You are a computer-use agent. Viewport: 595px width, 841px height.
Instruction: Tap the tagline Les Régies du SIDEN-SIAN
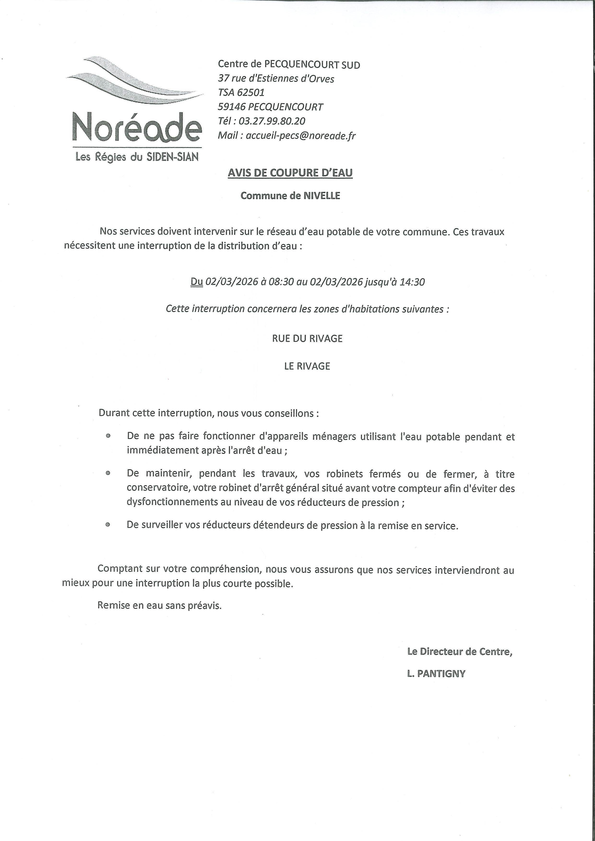(137, 157)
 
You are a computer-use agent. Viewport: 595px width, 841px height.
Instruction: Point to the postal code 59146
(231, 107)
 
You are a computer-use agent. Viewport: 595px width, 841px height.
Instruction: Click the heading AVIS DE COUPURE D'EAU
(290, 173)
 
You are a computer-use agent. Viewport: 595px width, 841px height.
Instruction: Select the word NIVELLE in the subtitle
(321, 196)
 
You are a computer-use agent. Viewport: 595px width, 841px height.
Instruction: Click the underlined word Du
(196, 282)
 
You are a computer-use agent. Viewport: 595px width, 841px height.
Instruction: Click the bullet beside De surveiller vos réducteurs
(108, 525)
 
